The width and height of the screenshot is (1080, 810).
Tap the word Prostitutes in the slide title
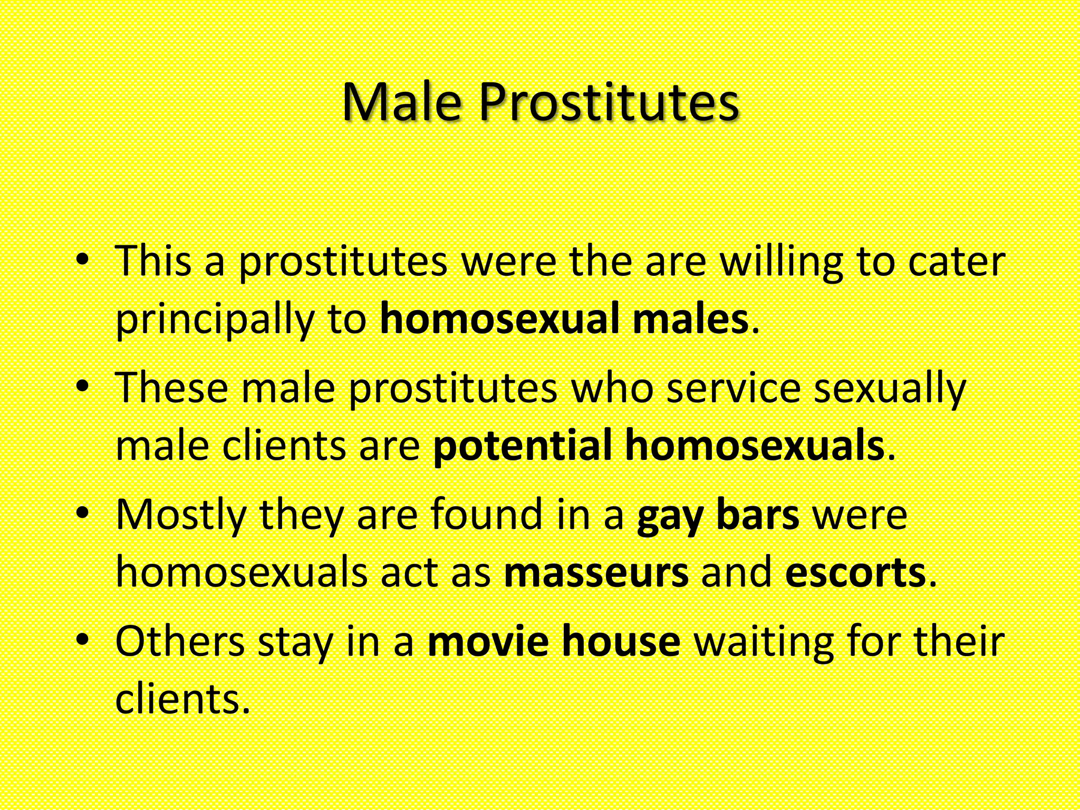(609, 102)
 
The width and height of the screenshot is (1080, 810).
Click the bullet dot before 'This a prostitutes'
(82, 259)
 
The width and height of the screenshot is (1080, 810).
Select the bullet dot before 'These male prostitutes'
(82, 387)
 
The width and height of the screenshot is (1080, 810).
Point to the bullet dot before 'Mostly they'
(82, 513)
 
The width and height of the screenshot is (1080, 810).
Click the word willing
(782, 262)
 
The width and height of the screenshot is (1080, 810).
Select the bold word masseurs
(596, 573)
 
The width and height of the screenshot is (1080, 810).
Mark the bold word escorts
(855, 573)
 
